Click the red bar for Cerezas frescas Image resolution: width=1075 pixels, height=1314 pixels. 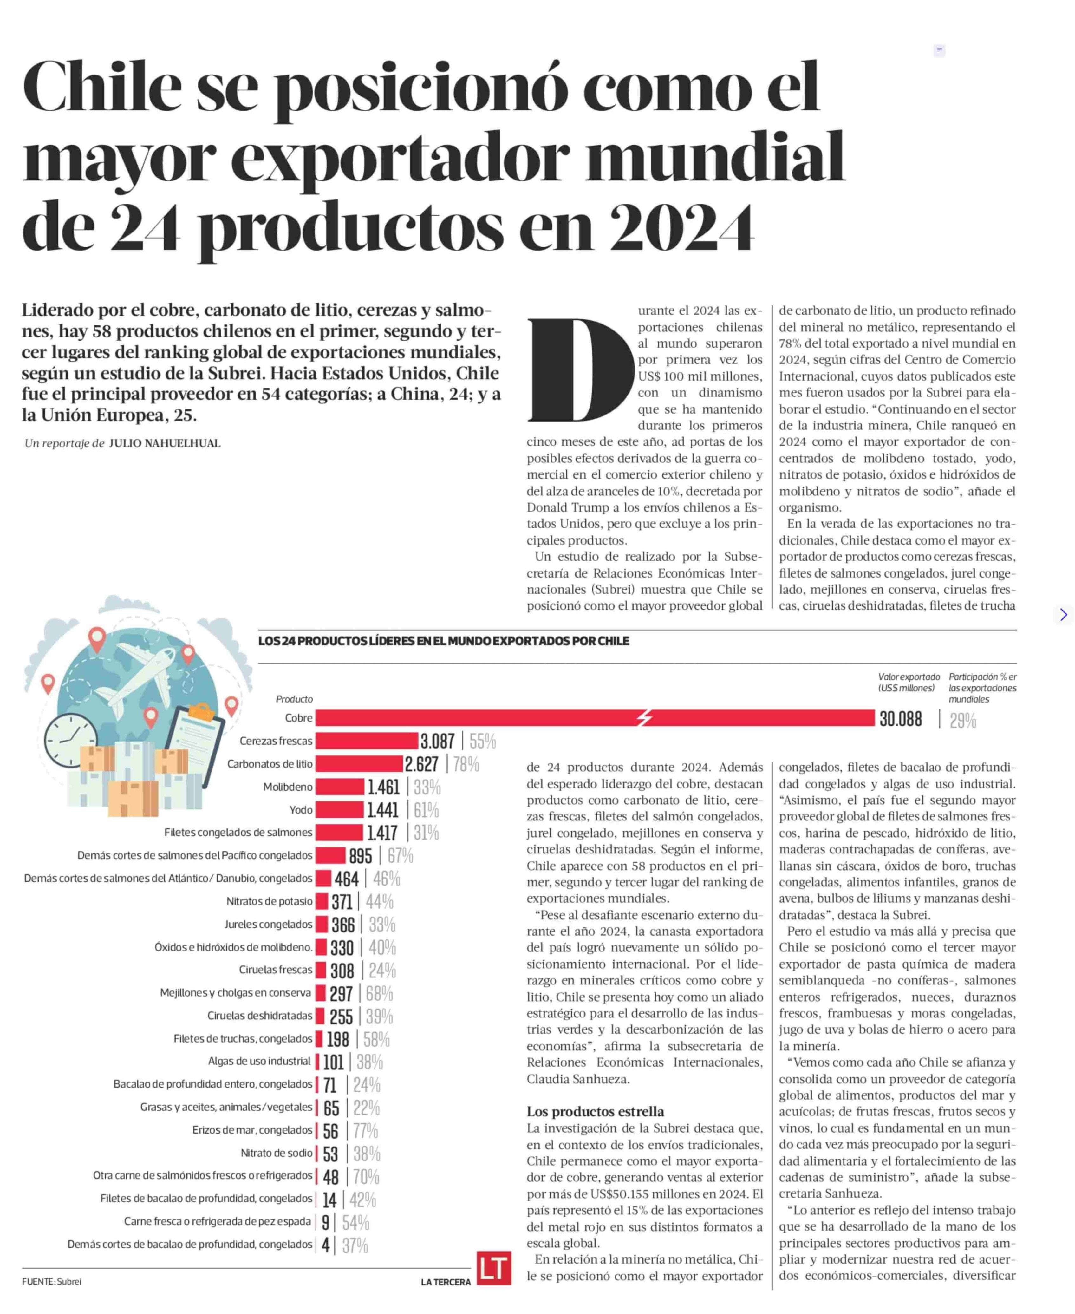(x=367, y=741)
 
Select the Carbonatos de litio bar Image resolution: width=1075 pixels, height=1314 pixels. (x=359, y=763)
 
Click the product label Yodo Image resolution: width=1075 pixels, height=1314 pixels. (x=301, y=809)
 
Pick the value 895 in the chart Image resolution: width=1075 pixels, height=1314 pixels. (x=361, y=856)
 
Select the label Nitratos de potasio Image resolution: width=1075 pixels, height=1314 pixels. (x=269, y=901)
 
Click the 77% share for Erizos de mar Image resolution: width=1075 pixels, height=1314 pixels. (x=365, y=1131)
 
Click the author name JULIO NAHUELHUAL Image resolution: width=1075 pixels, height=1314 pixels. (x=165, y=443)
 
